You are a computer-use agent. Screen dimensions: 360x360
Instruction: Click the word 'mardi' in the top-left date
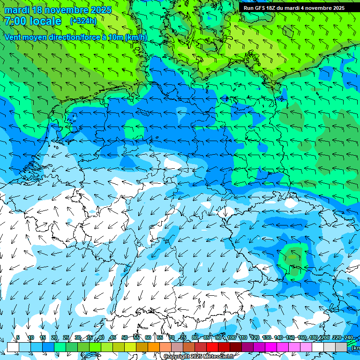tap(15, 10)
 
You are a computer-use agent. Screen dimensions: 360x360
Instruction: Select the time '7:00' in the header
tap(15, 21)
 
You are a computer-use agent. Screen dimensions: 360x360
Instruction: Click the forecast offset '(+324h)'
tap(83, 21)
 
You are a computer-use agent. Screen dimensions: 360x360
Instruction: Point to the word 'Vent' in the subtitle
tap(13, 37)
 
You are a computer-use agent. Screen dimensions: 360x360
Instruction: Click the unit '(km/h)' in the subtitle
tap(136, 37)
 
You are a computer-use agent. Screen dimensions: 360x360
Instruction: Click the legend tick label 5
tap(18, 337)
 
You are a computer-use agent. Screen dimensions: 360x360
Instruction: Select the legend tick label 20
tap(54, 337)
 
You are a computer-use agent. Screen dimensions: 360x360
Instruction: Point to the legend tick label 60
tap(148, 337)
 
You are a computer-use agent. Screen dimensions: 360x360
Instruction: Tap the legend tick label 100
tap(231, 337)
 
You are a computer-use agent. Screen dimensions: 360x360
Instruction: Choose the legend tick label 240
tap(348, 337)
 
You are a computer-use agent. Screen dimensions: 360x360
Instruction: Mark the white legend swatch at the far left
tap(13, 347)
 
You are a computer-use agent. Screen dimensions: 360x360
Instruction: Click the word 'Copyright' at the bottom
tap(177, 357)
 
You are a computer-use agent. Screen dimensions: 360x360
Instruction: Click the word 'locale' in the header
tap(45, 21)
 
